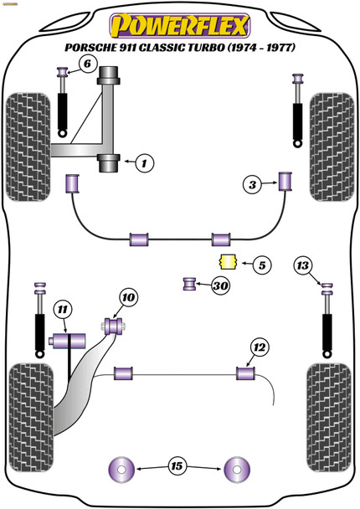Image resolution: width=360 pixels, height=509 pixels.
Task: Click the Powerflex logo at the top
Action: click(179, 26)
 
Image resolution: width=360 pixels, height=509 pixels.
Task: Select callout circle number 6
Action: click(87, 64)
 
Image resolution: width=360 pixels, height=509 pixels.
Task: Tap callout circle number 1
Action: click(145, 163)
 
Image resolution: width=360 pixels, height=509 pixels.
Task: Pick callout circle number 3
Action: click(252, 185)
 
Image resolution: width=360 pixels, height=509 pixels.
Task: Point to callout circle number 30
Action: click(221, 286)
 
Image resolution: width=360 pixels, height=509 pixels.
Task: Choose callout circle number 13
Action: click(303, 265)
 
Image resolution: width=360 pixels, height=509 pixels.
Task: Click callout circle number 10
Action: click(129, 297)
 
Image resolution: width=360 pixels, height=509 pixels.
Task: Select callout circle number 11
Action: click(62, 310)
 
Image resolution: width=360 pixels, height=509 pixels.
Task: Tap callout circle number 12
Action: click(260, 347)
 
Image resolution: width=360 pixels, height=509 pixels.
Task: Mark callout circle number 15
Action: click(177, 466)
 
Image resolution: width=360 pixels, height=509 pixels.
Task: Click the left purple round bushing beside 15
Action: click(121, 470)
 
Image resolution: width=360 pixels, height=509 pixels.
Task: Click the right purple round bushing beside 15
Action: click(237, 470)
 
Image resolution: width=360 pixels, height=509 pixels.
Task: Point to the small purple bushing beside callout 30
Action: click(189, 284)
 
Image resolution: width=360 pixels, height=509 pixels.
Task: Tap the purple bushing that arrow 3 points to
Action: click(285, 182)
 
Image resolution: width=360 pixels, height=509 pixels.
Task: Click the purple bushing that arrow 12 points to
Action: click(245, 373)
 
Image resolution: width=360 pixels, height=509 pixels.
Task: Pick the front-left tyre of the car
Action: click(28, 147)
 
